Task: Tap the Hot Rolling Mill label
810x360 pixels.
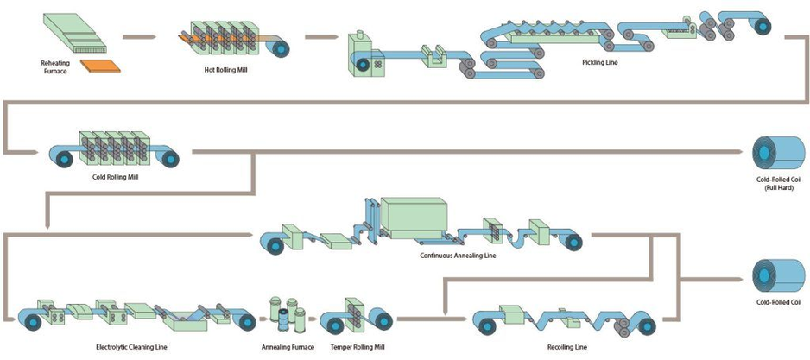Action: tap(213, 69)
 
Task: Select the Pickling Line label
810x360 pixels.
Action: tap(599, 62)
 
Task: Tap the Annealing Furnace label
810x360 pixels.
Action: tap(286, 346)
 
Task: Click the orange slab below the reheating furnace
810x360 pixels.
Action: tap(98, 65)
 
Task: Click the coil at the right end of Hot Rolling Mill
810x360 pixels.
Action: tap(282, 46)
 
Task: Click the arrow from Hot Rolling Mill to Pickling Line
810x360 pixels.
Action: tap(320, 37)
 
